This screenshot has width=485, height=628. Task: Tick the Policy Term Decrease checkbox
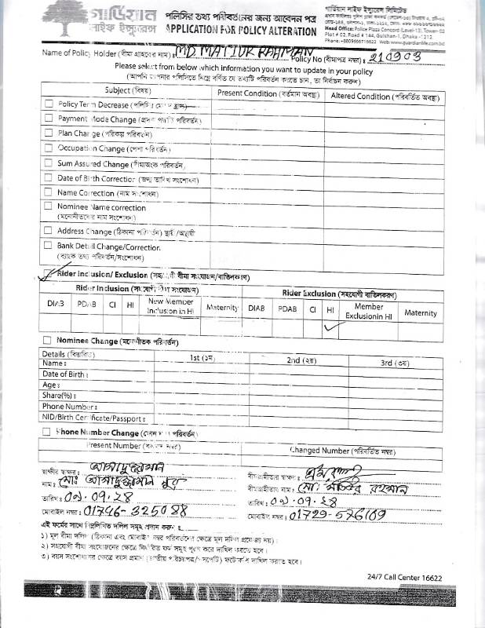[49, 104]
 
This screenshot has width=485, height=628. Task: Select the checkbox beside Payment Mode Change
[49, 119]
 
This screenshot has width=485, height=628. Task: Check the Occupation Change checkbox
[49, 148]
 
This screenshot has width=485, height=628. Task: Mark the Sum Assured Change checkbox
[49, 163]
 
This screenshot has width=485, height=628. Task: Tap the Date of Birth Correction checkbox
[49, 178]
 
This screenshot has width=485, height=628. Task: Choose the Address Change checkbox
[49, 231]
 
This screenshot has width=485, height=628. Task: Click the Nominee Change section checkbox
[47, 341]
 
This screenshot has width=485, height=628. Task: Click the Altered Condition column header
[385, 93]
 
